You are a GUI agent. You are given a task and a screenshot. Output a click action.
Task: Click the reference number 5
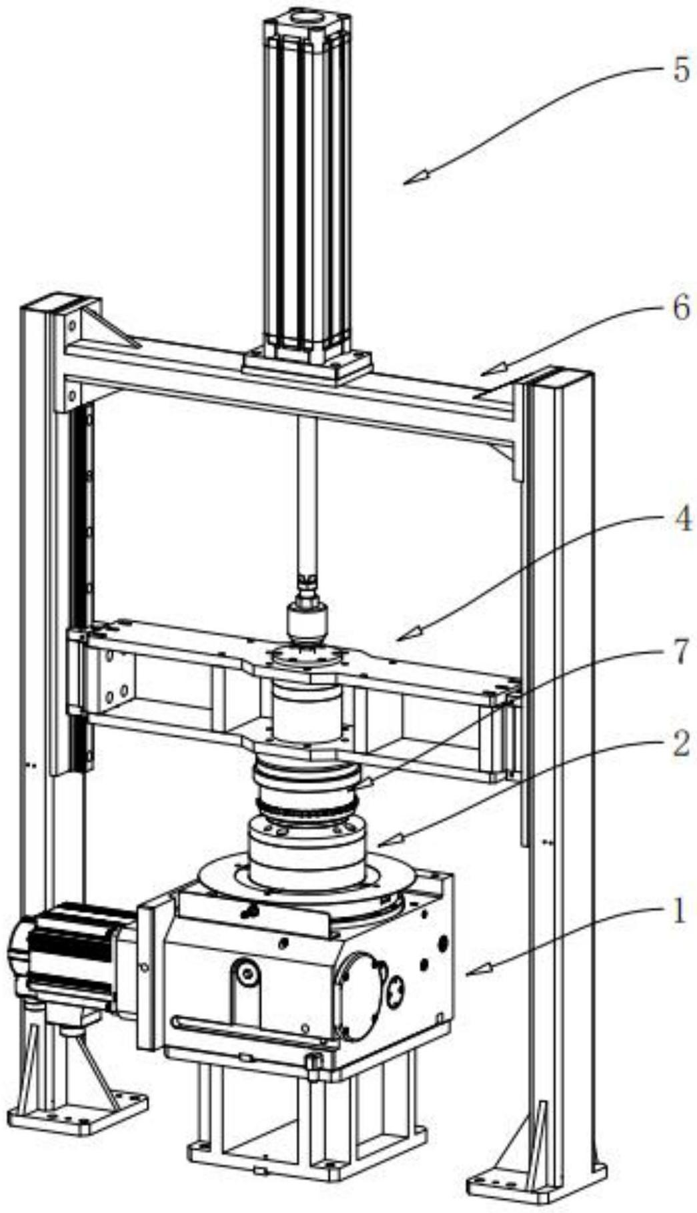tap(680, 70)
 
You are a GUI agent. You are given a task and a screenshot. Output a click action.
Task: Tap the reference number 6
tap(680, 309)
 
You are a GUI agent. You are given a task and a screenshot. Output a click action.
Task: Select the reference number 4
tap(680, 520)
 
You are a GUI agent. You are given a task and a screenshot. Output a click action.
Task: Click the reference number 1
tap(678, 911)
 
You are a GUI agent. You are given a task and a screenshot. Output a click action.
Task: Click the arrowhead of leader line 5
tap(408, 181)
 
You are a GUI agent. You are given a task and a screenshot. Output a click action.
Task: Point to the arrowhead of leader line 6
tap(485, 371)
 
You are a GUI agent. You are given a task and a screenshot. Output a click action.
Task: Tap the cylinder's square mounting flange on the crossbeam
tap(307, 366)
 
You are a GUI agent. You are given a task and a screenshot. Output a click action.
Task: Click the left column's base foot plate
tap(77, 1108)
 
